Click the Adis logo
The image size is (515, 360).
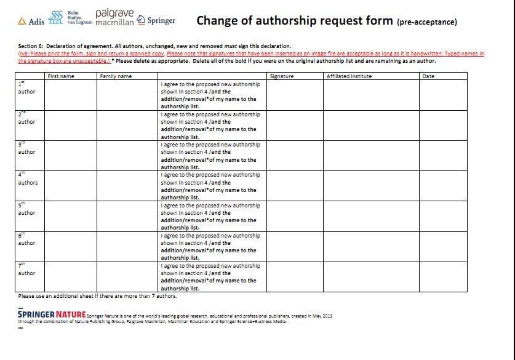coord(31,21)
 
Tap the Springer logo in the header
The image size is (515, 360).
coord(156,20)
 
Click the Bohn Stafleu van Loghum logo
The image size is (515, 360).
coord(66,17)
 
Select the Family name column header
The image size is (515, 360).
coord(116,76)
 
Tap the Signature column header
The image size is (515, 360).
coord(282,76)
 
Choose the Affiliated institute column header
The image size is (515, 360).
coord(349,76)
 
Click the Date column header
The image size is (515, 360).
coord(428,76)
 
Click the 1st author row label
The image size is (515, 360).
coord(26,87)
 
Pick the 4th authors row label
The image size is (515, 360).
coord(28,178)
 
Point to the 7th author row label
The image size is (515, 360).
coord(26,269)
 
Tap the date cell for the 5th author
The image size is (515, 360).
coord(443,216)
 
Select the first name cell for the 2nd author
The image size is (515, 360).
coord(71,126)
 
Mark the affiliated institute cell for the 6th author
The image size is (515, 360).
coord(371,246)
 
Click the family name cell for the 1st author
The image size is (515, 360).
coord(127,95)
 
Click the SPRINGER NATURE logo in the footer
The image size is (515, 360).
coord(52,314)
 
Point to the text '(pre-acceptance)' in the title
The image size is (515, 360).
coord(427,22)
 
